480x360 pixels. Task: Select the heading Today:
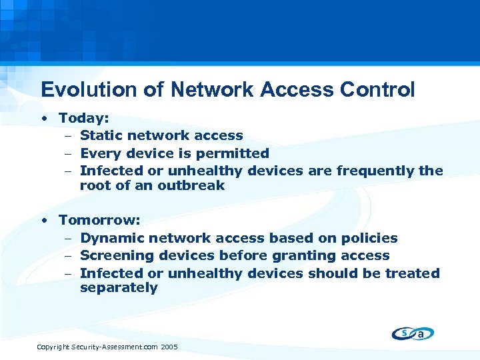coord(83,118)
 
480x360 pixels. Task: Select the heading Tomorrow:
coord(95,219)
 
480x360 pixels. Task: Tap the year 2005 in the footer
coord(169,347)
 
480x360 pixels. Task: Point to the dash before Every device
coord(69,154)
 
